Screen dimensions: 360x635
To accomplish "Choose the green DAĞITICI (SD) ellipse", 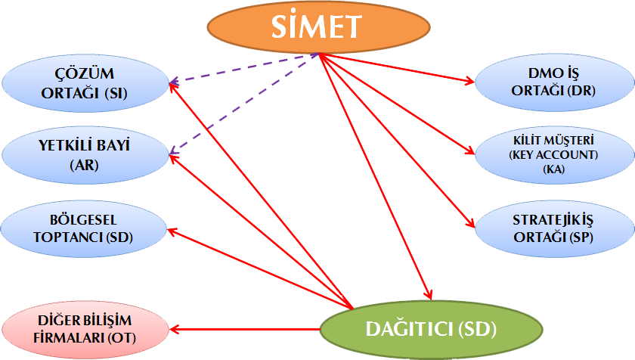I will pyautogui.click(x=431, y=329).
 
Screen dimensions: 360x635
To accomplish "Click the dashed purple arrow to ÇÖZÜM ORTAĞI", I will pyautogui.click(x=242, y=69).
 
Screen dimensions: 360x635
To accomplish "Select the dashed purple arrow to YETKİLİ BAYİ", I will pyautogui.click(x=242, y=107).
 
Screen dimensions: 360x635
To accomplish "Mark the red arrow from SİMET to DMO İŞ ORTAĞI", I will pyautogui.click(x=393, y=67).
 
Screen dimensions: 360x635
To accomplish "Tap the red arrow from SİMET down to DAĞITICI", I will pyautogui.click(x=374, y=174).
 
